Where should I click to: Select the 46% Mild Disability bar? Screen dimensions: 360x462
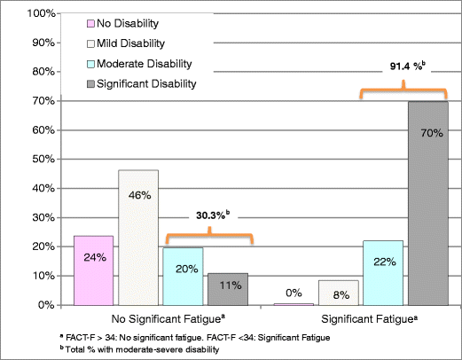click(x=140, y=238)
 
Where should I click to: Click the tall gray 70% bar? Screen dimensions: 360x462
click(x=429, y=203)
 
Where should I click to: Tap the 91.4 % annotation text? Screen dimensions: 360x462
click(x=404, y=66)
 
